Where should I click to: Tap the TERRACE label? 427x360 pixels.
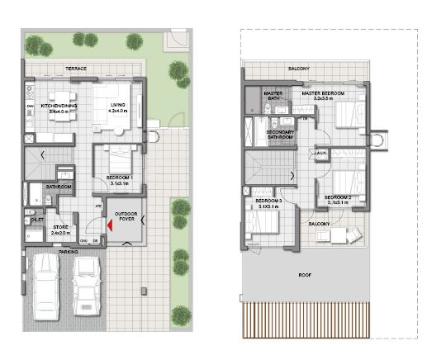(x=77, y=68)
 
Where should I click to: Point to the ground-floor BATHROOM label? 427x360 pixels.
(x=59, y=187)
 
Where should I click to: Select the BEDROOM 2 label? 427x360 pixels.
(x=339, y=197)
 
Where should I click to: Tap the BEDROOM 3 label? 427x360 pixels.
(x=268, y=201)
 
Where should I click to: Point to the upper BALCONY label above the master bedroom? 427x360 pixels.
(x=299, y=69)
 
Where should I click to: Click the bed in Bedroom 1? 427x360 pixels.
(x=119, y=155)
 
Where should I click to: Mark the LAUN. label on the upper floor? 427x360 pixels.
(x=319, y=154)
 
